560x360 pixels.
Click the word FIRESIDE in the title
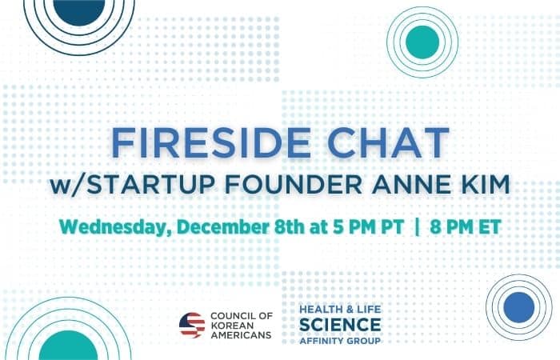(210, 142)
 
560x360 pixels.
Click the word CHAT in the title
(388, 142)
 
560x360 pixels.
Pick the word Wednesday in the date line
(115, 227)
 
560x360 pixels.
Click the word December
(223, 226)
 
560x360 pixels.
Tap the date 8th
(290, 226)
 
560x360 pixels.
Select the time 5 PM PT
(368, 226)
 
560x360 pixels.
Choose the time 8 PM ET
(466, 226)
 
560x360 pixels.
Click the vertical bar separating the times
(417, 226)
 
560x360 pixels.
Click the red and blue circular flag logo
(192, 325)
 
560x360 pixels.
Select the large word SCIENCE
(340, 325)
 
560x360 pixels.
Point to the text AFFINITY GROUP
(340, 341)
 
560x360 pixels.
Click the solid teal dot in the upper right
(422, 42)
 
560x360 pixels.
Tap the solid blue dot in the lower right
(519, 307)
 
